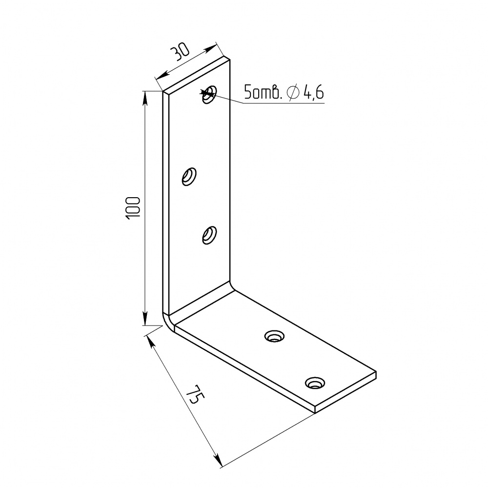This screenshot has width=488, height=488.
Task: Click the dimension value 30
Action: (x=180, y=52)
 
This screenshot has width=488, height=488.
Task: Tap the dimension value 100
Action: (x=133, y=208)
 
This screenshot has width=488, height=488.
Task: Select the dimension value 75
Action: (x=197, y=394)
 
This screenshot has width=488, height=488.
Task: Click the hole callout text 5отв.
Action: (x=263, y=92)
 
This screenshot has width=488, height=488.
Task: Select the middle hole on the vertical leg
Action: (x=189, y=177)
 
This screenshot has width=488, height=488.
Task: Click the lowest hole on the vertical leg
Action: (x=209, y=235)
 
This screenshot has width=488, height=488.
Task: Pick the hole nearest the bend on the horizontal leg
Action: (x=274, y=336)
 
